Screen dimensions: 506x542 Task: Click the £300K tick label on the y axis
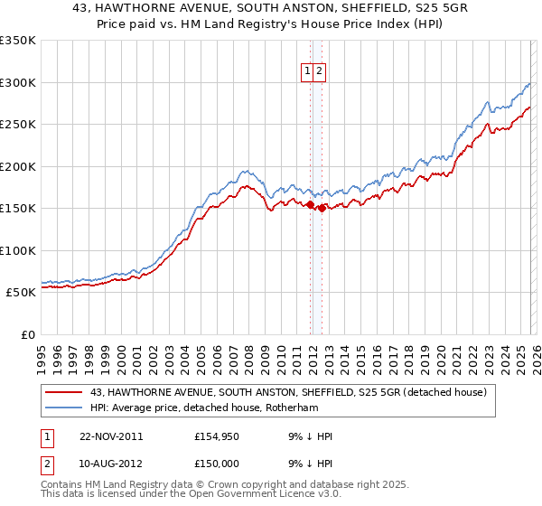coord(18,82)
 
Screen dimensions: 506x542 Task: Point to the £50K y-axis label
coord(20,293)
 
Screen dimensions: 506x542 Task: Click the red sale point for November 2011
coord(311,205)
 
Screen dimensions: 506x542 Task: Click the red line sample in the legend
coord(64,392)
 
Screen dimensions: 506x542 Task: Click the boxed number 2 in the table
coord(46,465)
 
